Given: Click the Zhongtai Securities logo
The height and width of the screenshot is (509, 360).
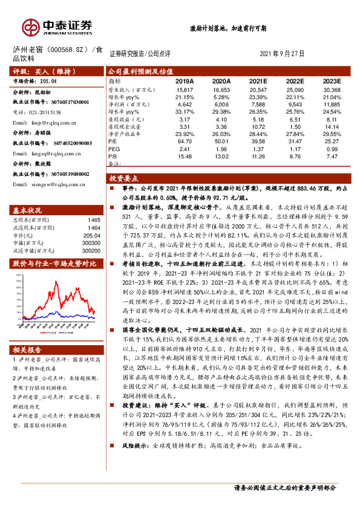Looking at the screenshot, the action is pyautogui.click(x=58, y=26).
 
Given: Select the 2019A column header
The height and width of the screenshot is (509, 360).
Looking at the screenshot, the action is pyautogui.click(x=185, y=81).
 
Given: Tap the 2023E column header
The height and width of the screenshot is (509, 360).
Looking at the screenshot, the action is pyautogui.click(x=332, y=81).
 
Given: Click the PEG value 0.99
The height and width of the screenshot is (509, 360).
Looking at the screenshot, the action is pyautogui.click(x=333, y=149).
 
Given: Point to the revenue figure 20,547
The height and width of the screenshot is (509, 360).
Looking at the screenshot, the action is pyautogui.click(x=258, y=89).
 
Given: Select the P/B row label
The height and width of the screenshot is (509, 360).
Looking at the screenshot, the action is pyautogui.click(x=113, y=156).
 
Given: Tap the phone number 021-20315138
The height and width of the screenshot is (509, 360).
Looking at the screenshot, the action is pyautogui.click(x=38, y=112).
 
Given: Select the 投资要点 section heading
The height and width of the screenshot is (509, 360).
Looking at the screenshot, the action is pyautogui.click(x=125, y=179).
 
